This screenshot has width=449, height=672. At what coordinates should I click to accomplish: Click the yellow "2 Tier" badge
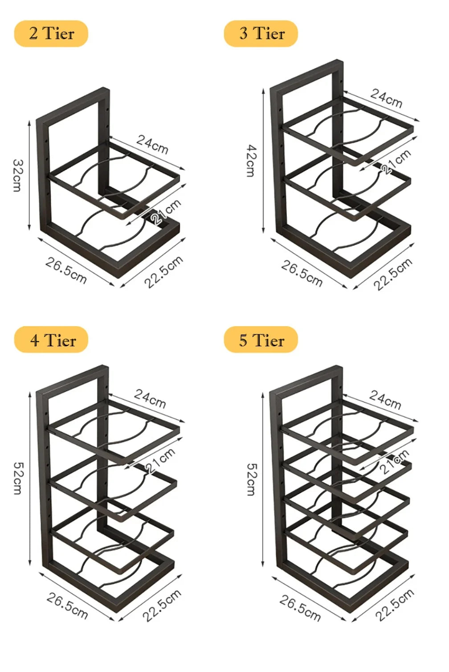[51, 33]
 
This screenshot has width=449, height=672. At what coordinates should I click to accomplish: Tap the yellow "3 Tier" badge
[261, 33]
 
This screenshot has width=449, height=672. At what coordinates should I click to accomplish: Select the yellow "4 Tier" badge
[51, 340]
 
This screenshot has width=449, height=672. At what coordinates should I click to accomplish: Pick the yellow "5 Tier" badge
[261, 340]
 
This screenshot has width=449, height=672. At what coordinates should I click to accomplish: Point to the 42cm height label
[251, 160]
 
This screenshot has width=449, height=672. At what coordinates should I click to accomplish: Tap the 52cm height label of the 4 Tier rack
[17, 478]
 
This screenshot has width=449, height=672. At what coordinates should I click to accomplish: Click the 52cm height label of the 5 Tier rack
[251, 479]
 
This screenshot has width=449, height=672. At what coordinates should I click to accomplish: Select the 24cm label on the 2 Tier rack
[152, 144]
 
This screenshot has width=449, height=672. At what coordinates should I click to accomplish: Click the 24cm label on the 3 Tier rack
[386, 98]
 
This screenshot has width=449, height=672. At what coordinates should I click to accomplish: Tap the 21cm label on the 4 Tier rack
[160, 460]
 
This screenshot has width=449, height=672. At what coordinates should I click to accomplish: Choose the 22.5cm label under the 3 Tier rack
[392, 274]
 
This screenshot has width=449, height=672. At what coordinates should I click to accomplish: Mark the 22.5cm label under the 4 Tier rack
[162, 605]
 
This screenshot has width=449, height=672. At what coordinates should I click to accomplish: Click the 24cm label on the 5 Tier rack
[385, 400]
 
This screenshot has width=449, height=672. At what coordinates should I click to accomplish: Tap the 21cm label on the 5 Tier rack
[394, 462]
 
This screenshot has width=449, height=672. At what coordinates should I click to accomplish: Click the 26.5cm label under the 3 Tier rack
[302, 273]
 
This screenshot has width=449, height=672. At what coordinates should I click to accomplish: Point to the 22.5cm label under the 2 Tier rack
[163, 272]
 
